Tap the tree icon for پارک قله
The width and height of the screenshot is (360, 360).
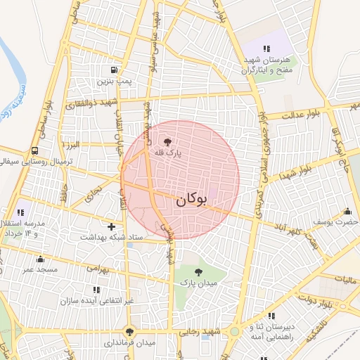(x=167, y=141)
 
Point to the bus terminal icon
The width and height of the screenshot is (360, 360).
(x=34, y=150)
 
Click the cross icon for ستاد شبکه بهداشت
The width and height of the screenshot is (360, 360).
(x=111, y=226)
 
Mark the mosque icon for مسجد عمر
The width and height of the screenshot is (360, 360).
(x=40, y=259)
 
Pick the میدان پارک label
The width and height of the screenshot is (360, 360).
(x=196, y=283)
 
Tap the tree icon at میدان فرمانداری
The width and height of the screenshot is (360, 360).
(x=129, y=331)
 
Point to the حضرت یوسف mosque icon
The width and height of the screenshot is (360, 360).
(x=347, y=211)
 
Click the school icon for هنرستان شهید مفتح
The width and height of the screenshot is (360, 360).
(x=266, y=49)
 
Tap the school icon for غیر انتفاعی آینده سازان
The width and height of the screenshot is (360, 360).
(x=96, y=289)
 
